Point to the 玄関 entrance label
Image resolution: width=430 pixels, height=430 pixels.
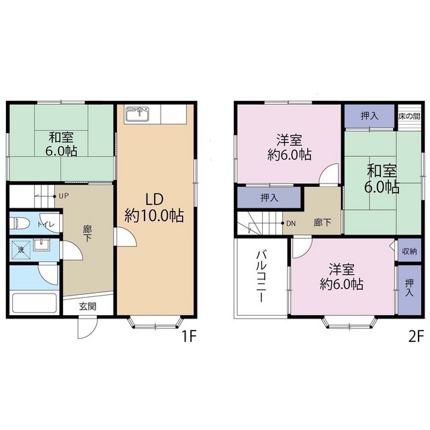(x=87, y=306)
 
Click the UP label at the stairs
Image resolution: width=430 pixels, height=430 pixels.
(x=63, y=196)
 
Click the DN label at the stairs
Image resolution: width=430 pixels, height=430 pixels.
(x=292, y=223)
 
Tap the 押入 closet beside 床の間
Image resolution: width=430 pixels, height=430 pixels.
(x=369, y=116)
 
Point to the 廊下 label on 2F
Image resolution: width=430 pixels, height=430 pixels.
(x=322, y=222)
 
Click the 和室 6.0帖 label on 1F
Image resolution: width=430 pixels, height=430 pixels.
(x=60, y=144)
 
